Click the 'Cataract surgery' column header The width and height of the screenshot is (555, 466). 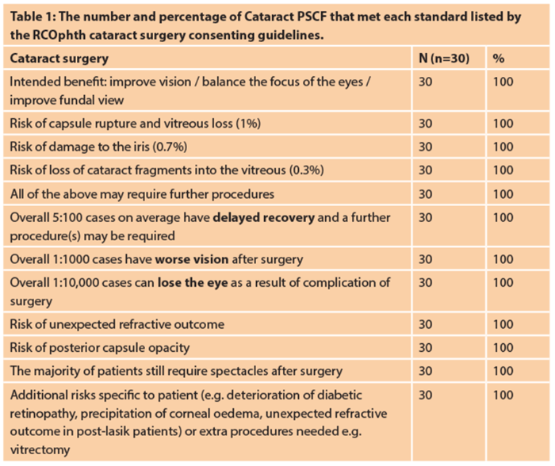[x=59, y=59]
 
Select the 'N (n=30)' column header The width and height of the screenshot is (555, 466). [x=447, y=59]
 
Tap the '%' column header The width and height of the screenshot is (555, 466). [x=498, y=59]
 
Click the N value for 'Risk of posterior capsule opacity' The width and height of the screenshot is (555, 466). [x=425, y=347]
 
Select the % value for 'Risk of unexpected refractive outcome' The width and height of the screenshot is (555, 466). [x=503, y=324]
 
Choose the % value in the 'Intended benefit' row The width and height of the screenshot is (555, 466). [x=503, y=82]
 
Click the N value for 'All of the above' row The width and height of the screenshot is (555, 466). [x=425, y=193]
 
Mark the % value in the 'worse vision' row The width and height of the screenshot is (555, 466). [x=503, y=258]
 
